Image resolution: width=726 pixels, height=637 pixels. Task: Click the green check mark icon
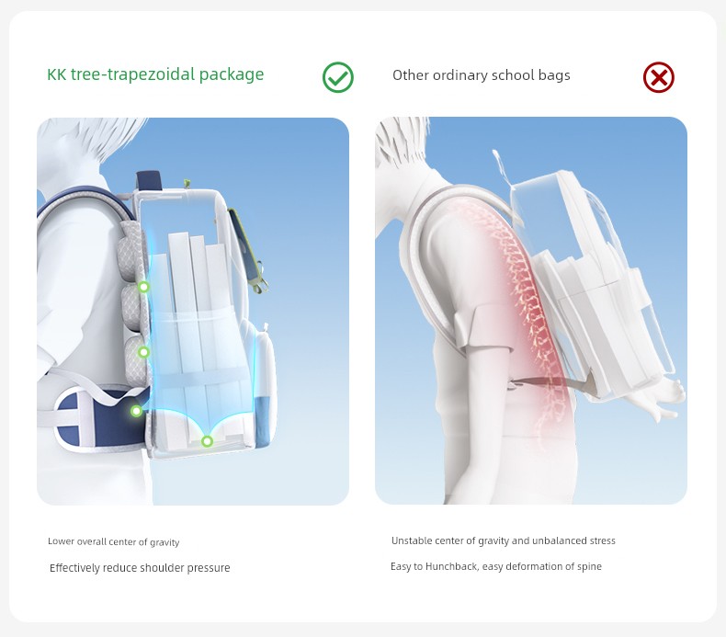(x=338, y=77)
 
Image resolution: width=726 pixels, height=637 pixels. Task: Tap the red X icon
(x=658, y=77)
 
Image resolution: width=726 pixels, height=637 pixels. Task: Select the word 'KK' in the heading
(x=57, y=74)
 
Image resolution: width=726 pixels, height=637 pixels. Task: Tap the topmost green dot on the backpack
(x=144, y=287)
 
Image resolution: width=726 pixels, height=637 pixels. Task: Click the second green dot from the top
(x=144, y=353)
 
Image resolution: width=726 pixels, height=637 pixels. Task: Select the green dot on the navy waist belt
(x=136, y=411)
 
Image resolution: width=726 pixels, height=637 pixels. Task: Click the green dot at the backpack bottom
(x=207, y=441)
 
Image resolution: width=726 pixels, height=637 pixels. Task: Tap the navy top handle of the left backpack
(x=148, y=180)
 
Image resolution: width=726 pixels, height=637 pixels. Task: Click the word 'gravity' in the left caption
(x=164, y=542)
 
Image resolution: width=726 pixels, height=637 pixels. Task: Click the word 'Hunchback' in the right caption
(x=452, y=566)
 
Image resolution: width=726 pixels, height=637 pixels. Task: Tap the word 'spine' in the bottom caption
(x=588, y=567)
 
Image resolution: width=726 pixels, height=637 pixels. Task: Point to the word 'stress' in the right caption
(x=602, y=540)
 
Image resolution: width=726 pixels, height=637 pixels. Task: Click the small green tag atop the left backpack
(x=187, y=184)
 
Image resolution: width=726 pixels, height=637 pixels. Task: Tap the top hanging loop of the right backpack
(x=502, y=166)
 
